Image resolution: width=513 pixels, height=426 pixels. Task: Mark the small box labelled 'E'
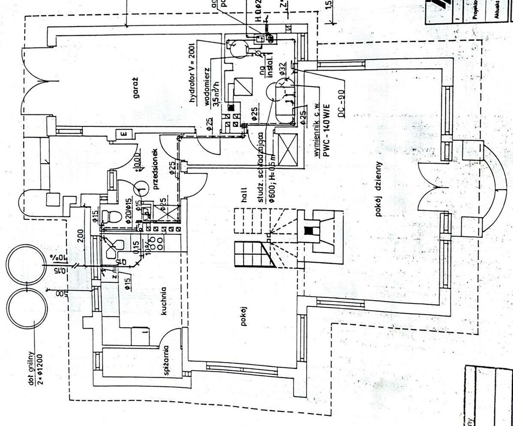pos(122,134)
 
